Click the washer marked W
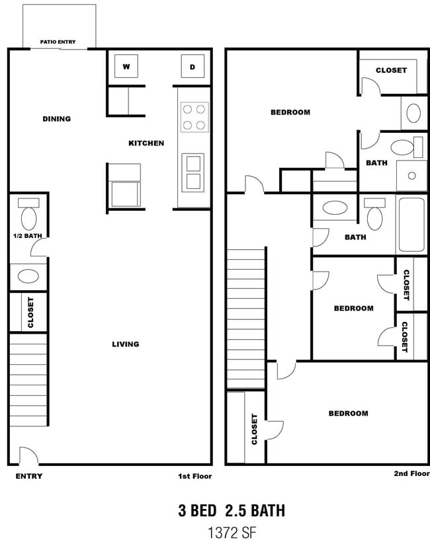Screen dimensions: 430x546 pyautogui.click(x=126, y=66)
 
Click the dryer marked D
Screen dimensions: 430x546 pyautogui.click(x=193, y=66)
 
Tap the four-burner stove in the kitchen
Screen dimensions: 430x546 pyautogui.click(x=194, y=117)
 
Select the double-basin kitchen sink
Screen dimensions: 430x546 pyautogui.click(x=193, y=173)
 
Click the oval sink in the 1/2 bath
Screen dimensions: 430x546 pyautogui.click(x=28, y=276)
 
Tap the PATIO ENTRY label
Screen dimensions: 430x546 pyautogui.click(x=58, y=42)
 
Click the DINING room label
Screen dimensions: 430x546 pyautogui.click(x=56, y=119)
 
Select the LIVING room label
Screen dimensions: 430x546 pyautogui.click(x=126, y=344)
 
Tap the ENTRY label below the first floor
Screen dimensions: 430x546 pyautogui.click(x=29, y=476)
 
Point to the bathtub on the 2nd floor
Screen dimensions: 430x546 pyautogui.click(x=411, y=224)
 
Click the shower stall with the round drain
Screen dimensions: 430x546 pyautogui.click(x=412, y=175)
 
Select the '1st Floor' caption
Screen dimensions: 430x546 pyautogui.click(x=194, y=476)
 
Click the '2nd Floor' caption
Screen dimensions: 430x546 pyautogui.click(x=412, y=473)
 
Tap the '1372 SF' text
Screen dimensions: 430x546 pyautogui.click(x=232, y=533)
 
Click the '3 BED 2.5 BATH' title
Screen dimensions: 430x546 pyautogui.click(x=232, y=510)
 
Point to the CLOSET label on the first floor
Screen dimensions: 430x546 pyautogui.click(x=30, y=313)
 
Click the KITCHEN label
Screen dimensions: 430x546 pyautogui.click(x=146, y=143)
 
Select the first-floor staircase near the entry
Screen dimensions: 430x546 pyautogui.click(x=28, y=380)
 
